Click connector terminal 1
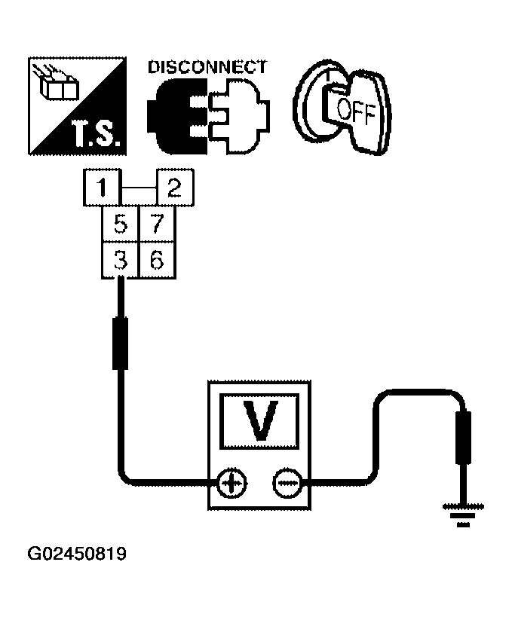[101, 188]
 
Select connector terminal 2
[174, 188]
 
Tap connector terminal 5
[120, 224]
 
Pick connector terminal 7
[157, 224]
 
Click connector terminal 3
[120, 260]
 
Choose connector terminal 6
[157, 260]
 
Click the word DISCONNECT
[207, 66]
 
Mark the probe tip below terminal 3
[120, 343]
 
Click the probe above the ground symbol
[465, 437]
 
